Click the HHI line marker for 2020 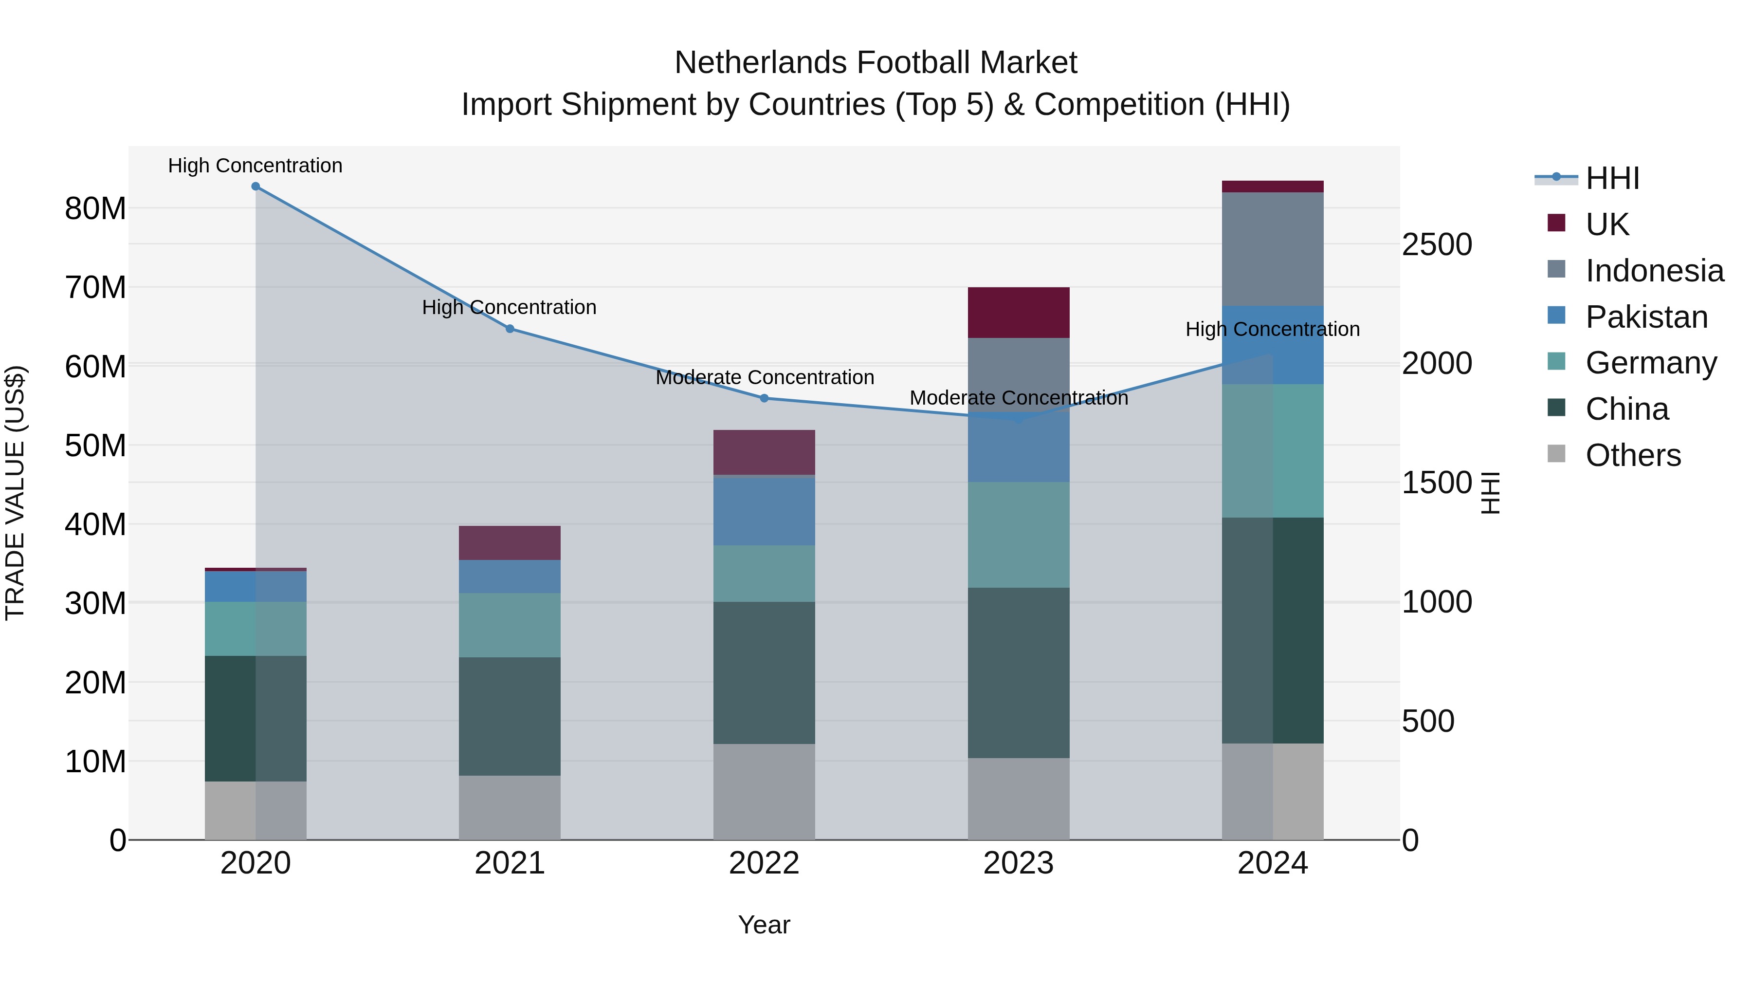point(255,186)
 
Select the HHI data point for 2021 point(510,329)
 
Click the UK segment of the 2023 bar point(1018,313)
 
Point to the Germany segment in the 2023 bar point(1018,535)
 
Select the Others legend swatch point(1556,454)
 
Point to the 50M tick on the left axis point(95,446)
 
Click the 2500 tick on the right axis point(1437,244)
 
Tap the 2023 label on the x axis point(1018,863)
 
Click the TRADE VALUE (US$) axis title point(15,493)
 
